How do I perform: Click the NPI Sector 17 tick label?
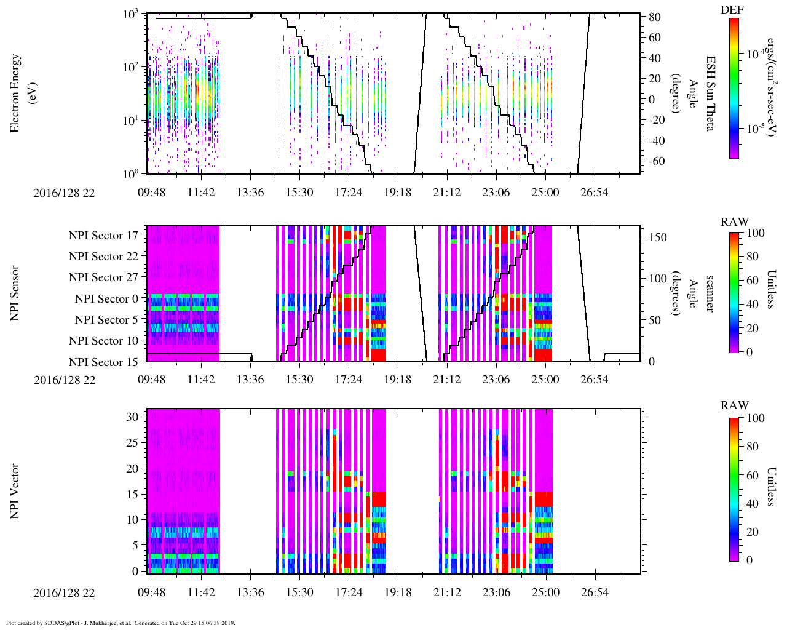103,235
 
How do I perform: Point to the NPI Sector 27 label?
103,277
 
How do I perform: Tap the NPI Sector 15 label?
103,362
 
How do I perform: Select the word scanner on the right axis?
710,293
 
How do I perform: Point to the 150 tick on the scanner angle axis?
658,237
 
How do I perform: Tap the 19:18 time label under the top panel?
398,193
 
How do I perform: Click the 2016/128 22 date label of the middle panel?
65,380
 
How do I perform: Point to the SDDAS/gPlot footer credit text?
120,623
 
